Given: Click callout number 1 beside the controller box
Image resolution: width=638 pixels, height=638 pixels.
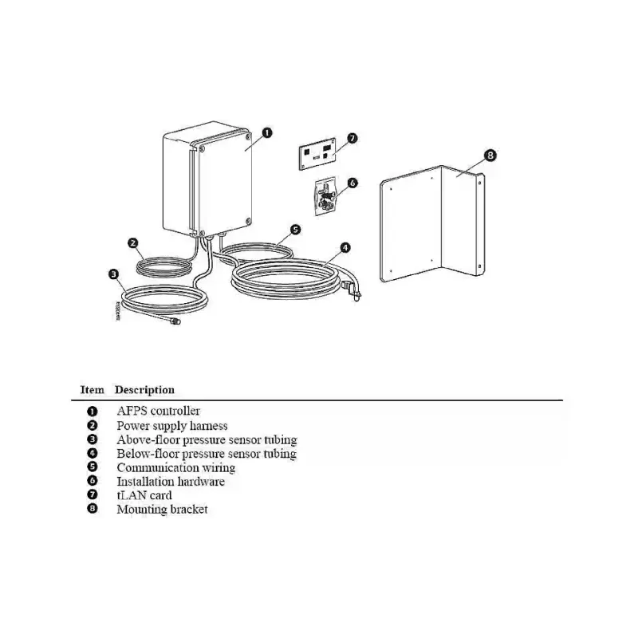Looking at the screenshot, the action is click(267, 132).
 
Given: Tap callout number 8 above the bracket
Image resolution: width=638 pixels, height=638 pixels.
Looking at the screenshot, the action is click(490, 155).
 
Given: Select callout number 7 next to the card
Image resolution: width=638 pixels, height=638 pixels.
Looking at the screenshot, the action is click(352, 138).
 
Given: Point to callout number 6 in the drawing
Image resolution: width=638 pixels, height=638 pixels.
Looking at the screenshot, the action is click(352, 183).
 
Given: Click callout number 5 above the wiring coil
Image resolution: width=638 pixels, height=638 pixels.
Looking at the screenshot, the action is click(296, 230).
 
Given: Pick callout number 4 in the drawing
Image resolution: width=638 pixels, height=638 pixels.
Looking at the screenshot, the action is click(345, 247).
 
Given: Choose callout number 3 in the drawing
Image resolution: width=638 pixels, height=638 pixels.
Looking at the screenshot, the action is click(114, 274).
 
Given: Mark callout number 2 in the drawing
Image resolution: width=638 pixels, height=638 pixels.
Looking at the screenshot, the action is click(133, 243).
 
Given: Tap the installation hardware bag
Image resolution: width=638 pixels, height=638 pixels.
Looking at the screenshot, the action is click(325, 196).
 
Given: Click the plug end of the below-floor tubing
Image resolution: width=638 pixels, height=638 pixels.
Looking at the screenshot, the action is click(352, 289).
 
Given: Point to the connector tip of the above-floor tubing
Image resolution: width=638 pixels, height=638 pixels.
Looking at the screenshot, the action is click(175, 321).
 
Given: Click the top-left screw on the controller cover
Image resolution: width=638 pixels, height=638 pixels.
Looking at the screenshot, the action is click(203, 149).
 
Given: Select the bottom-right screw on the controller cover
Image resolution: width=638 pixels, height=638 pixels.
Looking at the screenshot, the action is click(248, 221).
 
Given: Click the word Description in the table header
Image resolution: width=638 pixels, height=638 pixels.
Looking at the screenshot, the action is click(145, 390).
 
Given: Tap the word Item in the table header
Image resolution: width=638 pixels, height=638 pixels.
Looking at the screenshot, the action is click(93, 390).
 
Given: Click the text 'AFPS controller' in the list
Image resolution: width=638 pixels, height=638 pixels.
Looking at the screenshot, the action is click(159, 411).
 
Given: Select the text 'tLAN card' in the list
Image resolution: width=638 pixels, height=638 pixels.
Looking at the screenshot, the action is click(144, 495).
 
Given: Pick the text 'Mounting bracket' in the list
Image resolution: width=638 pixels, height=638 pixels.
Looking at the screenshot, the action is click(163, 510).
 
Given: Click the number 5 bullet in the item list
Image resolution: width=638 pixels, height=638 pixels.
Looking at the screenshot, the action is click(93, 467).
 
